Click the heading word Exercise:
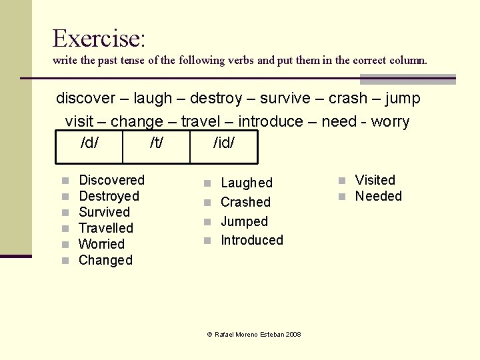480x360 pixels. tap(98, 38)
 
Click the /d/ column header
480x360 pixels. tap(90, 143)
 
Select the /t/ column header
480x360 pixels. tap(157, 143)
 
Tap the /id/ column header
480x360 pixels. tap(224, 143)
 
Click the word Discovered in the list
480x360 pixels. tap(111, 180)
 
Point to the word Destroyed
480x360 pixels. tap(109, 196)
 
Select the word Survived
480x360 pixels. tap(104, 212)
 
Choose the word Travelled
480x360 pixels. tap(106, 228)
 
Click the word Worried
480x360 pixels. tap(101, 244)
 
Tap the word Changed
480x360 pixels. tap(105, 260)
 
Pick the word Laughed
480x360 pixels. tap(246, 183)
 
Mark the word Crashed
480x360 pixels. tap(245, 202)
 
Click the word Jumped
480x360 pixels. tap(244, 221)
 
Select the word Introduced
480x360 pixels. tap(251, 240)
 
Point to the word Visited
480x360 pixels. tap(375, 180)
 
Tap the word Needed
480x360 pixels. tap(378, 196)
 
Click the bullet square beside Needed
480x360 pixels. tap(341, 197)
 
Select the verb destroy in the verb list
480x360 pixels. tap(216, 99)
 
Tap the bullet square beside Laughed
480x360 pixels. tap(207, 183)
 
